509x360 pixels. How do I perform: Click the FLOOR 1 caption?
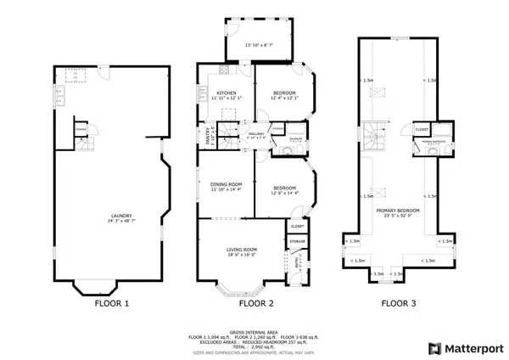[111, 303]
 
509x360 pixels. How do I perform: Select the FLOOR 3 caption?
[398, 303]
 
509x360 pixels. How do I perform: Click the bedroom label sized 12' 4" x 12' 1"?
[284, 94]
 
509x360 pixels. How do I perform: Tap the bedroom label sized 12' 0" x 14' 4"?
[284, 189]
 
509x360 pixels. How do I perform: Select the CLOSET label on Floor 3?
[422, 129]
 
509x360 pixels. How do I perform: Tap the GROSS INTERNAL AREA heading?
[255, 332]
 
